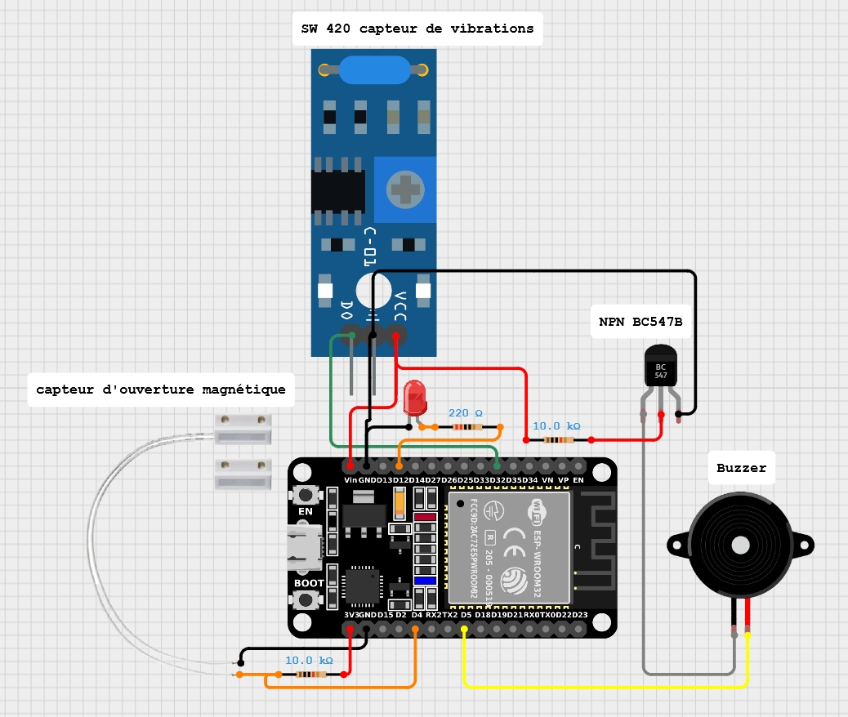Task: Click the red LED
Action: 415,398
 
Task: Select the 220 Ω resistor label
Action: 466,413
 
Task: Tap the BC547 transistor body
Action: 661,365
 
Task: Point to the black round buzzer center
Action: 740,543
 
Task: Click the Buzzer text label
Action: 741,468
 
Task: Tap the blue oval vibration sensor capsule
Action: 374,70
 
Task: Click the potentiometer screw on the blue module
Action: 406,191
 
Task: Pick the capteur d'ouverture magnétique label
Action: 161,390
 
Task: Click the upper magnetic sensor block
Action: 243,428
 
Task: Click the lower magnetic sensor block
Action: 243,474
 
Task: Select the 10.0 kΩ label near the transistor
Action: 556,426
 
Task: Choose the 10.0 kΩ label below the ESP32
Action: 309,660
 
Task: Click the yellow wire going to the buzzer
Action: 605,686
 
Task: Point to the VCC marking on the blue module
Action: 401,306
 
